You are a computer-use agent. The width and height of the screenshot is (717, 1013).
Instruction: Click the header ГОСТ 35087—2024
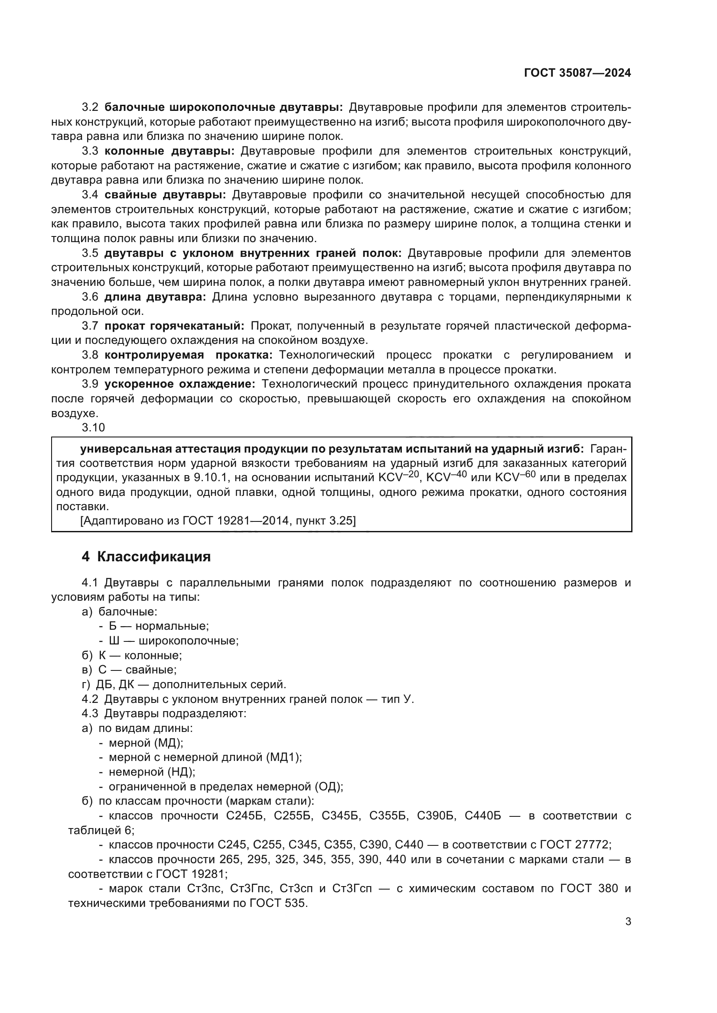tap(577, 73)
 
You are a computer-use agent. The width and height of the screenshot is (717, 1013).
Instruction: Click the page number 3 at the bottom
tap(628, 922)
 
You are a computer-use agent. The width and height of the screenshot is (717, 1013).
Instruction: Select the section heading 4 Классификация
tap(146, 557)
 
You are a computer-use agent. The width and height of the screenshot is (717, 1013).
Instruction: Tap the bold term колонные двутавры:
tap(169, 151)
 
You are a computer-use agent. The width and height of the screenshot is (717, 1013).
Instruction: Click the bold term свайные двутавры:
tap(165, 195)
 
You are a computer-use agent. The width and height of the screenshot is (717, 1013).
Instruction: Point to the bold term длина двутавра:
tap(155, 297)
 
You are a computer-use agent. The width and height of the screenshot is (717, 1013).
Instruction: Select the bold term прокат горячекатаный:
tap(174, 326)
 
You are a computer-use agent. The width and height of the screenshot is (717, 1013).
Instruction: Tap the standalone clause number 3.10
tap(93, 427)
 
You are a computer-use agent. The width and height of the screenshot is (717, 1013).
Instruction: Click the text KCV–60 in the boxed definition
tap(515, 477)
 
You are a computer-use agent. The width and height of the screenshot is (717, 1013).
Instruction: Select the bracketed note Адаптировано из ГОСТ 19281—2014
tap(218, 521)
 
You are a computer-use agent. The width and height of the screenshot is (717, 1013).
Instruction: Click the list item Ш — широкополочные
tap(173, 641)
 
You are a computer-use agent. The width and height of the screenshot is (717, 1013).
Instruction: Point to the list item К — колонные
tap(140, 655)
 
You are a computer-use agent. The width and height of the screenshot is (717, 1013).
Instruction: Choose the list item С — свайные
tap(137, 670)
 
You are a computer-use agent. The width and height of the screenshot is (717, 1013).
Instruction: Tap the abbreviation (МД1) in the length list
tap(284, 757)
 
